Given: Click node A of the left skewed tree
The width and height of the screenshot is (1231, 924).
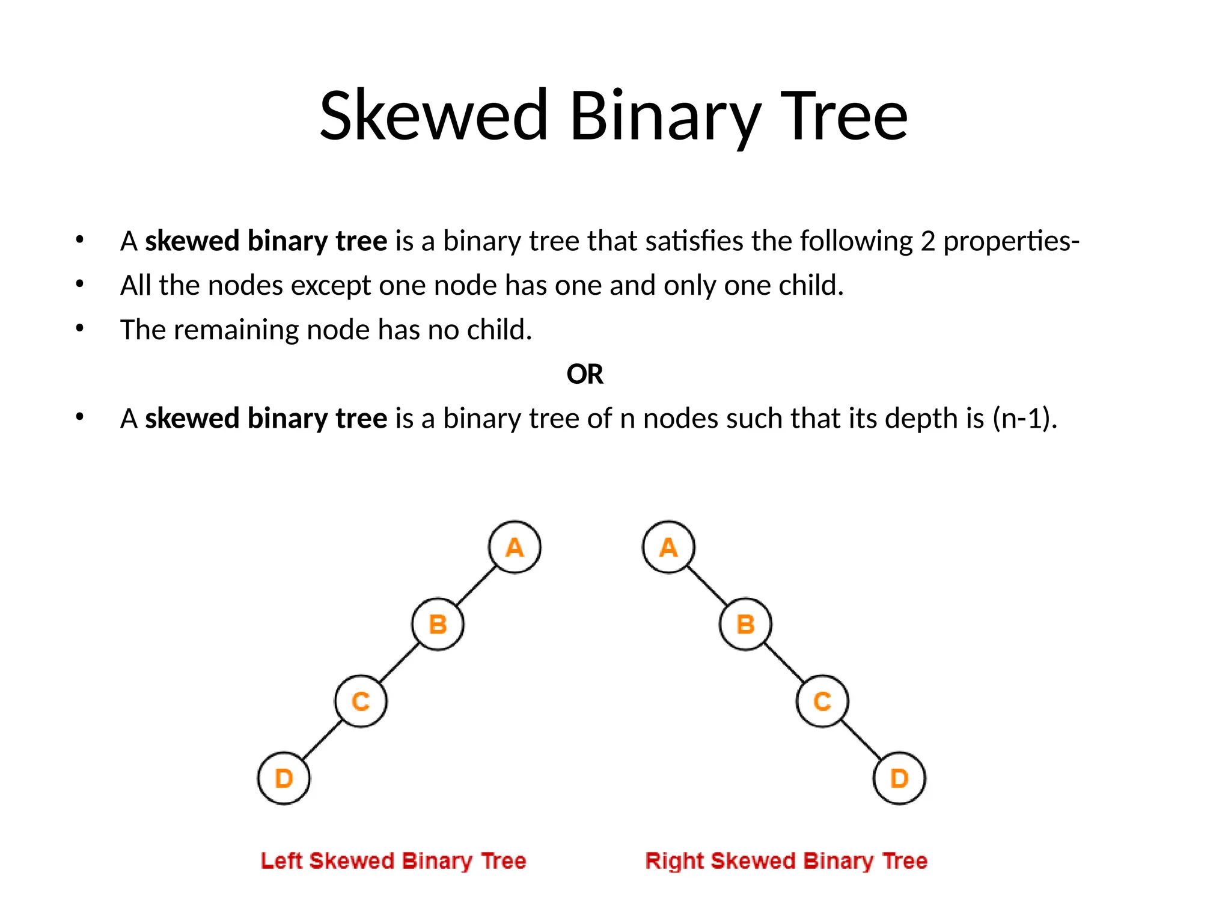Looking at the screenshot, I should tap(515, 547).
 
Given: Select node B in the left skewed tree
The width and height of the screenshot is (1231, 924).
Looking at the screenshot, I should tap(438, 624).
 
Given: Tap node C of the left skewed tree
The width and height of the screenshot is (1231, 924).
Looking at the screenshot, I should tap(361, 701).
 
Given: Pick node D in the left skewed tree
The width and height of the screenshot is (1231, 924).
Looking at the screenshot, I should tap(284, 778).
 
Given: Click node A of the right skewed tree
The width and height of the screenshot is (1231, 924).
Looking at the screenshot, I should tap(668, 547).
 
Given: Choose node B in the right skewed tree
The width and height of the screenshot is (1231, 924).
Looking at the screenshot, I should tap(745, 624).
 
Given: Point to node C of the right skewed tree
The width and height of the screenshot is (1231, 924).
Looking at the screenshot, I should tap(822, 701).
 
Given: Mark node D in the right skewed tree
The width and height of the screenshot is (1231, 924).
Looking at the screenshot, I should tap(899, 778).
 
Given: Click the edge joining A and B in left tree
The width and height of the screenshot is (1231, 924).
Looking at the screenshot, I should tap(476, 585).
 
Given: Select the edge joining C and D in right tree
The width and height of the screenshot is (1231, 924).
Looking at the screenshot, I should tap(861, 739).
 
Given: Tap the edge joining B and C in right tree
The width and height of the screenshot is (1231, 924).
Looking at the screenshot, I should tap(784, 662).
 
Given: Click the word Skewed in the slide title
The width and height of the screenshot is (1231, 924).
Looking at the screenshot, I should tap(433, 115).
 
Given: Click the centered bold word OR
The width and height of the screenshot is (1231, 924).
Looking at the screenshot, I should tap(585, 374).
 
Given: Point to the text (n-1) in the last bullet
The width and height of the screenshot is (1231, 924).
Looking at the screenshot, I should tap(1024, 418).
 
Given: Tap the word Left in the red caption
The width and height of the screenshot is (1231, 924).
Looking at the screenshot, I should tap(281, 861).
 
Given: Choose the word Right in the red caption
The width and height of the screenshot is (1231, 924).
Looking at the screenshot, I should tap(674, 861).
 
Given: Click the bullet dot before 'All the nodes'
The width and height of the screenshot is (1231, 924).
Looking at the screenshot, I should tap(80, 284).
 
